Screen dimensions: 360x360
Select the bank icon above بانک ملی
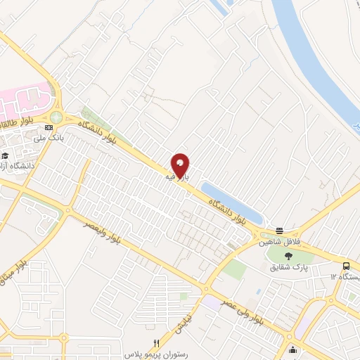pyautogui.click(x=48, y=128)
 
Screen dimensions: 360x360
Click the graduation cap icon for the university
pyautogui.click(x=5, y=155)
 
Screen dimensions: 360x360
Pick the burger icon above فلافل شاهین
pyautogui.click(x=280, y=231)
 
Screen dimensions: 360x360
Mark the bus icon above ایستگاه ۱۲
pyautogui.click(x=347, y=266)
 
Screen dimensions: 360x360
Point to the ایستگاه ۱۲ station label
pyautogui.click(x=343, y=277)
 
